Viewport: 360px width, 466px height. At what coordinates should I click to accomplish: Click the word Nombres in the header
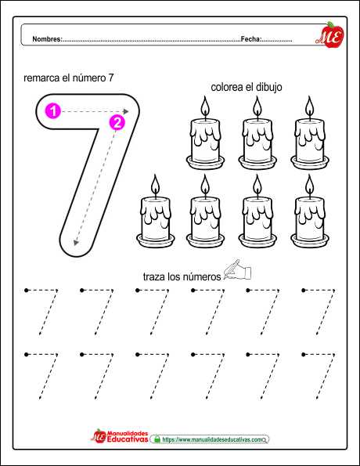[x=46, y=39]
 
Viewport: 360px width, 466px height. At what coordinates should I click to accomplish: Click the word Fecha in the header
[x=250, y=39]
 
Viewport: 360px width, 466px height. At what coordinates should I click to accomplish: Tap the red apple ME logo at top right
[x=330, y=35]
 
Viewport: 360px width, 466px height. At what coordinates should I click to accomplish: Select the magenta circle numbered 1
[x=53, y=111]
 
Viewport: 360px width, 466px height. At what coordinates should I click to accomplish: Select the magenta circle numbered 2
[x=117, y=122]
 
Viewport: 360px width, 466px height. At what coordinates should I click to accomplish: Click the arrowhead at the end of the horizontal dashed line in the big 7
[x=126, y=111]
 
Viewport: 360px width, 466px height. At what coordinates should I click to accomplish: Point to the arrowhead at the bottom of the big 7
[x=76, y=243]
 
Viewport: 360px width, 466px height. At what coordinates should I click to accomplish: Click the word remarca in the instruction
[x=41, y=78]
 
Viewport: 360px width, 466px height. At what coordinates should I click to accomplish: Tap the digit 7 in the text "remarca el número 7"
[x=110, y=78]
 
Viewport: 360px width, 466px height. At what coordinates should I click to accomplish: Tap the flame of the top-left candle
[x=205, y=106]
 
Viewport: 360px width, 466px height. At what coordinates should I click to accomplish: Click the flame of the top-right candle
[x=309, y=106]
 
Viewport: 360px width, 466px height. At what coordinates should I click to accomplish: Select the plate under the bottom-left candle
[x=156, y=240]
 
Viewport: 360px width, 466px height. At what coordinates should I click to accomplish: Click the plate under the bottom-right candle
[x=310, y=240]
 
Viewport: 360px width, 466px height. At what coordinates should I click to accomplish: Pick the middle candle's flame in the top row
[x=257, y=106]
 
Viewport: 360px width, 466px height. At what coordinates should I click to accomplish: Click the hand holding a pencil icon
[x=237, y=270]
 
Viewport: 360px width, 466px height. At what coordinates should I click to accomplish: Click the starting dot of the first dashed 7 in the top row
[x=27, y=290]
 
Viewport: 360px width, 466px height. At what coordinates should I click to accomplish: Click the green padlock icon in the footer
[x=157, y=439]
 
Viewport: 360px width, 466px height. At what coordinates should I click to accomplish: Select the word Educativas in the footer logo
[x=128, y=439]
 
